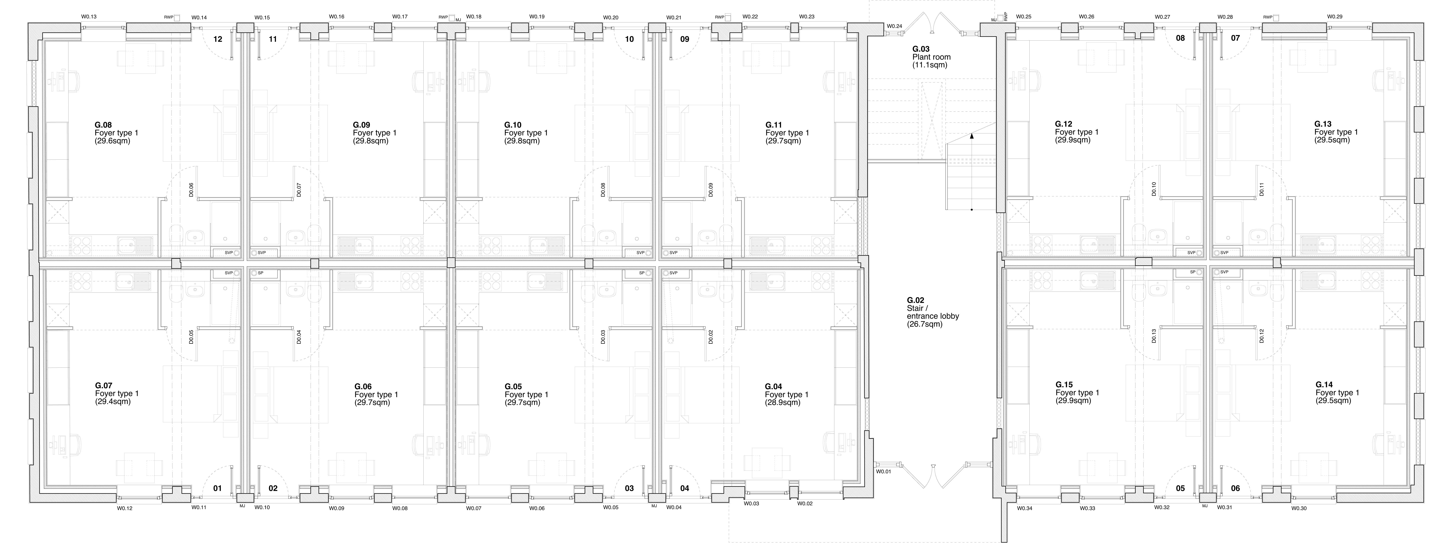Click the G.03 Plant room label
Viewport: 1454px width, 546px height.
931,57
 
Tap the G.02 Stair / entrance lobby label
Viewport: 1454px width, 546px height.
933,312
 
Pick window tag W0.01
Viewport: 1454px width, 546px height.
883,471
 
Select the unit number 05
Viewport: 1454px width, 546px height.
1180,488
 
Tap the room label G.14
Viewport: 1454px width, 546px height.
1324,385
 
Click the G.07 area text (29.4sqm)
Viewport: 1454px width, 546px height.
113,402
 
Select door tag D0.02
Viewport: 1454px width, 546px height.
711,337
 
